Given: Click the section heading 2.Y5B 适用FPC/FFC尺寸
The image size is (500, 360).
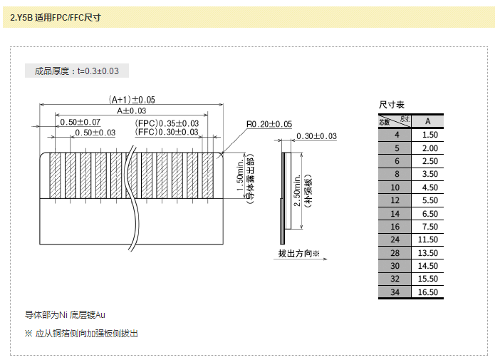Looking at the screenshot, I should (56, 17).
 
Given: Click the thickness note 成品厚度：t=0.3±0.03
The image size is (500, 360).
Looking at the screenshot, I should (77, 71).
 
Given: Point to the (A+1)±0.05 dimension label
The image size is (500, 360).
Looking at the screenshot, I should (132, 100).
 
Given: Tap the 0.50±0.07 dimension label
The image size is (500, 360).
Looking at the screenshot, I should (80, 122).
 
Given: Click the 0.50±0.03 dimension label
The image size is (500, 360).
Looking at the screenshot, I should (95, 133).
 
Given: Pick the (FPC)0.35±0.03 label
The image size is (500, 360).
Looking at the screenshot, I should (167, 123).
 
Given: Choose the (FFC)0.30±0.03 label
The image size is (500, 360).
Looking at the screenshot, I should (167, 132).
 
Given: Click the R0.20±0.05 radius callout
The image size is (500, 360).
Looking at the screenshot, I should (269, 124).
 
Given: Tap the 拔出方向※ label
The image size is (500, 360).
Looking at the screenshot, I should (299, 254).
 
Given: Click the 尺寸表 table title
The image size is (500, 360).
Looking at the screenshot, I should (392, 106).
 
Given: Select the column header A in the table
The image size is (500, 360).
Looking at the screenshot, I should (428, 120).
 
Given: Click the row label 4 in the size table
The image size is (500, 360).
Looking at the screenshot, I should (397, 134).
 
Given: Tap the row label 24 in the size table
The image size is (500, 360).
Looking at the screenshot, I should (396, 240).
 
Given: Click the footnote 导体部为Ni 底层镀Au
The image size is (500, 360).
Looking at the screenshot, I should (66, 314).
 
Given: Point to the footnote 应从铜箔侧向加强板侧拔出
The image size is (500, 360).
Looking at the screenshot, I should (86, 333).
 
